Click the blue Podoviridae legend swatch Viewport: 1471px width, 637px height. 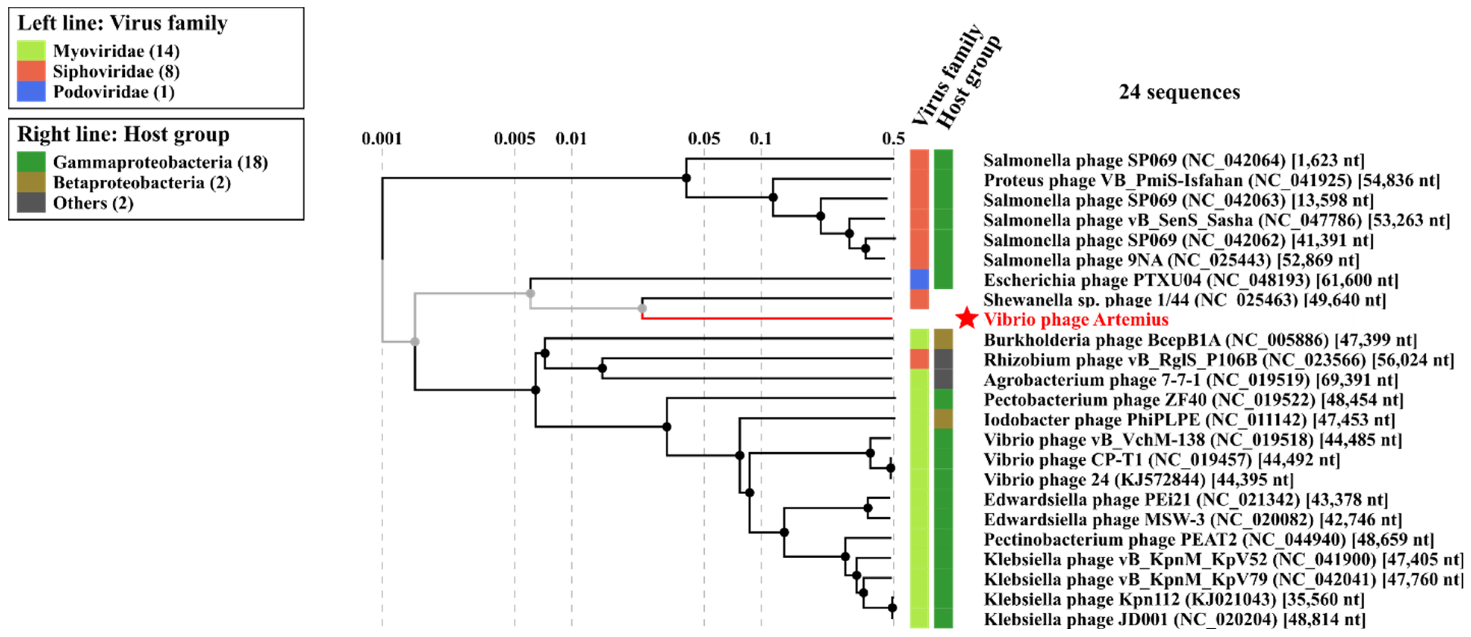click(31, 91)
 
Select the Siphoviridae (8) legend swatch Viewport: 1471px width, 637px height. click(31, 71)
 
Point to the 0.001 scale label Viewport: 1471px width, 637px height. click(381, 139)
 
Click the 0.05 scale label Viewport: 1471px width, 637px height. click(704, 139)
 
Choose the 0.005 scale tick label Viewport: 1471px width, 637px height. click(514, 139)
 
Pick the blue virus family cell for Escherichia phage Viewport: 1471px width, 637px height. click(919, 279)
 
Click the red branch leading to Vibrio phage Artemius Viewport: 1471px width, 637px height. click(765, 318)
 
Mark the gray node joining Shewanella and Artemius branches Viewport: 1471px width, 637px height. click(642, 308)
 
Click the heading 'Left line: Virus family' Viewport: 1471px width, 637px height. click(122, 23)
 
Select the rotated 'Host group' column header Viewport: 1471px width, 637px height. click(969, 82)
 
